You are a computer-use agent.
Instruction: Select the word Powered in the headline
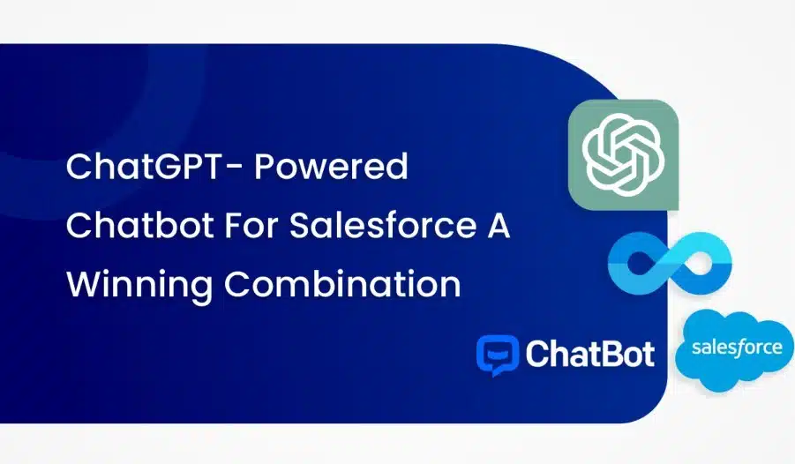coord(331,166)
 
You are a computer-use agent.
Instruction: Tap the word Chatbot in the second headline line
coord(139,225)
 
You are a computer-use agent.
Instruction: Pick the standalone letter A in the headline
coord(498,225)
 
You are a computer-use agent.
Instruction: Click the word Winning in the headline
coord(139,285)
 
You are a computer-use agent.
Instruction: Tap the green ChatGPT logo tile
coord(623,154)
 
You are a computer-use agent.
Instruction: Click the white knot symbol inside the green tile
coord(623,154)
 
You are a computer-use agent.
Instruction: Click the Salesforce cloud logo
coord(735,350)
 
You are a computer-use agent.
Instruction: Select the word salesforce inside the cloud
coord(737,348)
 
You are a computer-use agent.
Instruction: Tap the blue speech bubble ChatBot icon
coord(498,355)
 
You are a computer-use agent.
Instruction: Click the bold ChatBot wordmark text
coord(590,354)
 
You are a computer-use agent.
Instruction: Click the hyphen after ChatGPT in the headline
coord(233,168)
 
